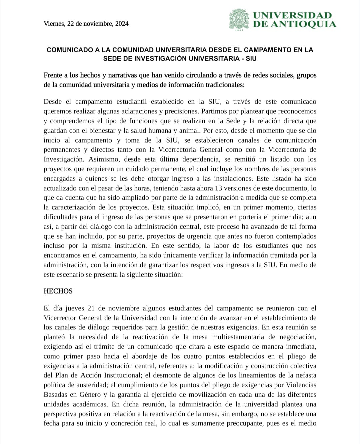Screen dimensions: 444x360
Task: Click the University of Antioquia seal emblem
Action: [239, 19]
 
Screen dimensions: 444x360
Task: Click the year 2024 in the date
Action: [122, 24]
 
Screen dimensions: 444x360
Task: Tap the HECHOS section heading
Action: [58, 291]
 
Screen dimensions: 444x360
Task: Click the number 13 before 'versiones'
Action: [218, 188]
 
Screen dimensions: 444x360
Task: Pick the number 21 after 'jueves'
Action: [91, 308]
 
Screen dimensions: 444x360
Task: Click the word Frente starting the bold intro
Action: [53, 75]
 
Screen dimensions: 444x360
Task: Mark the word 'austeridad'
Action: [91, 385]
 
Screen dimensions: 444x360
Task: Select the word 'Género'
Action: [90, 395]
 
